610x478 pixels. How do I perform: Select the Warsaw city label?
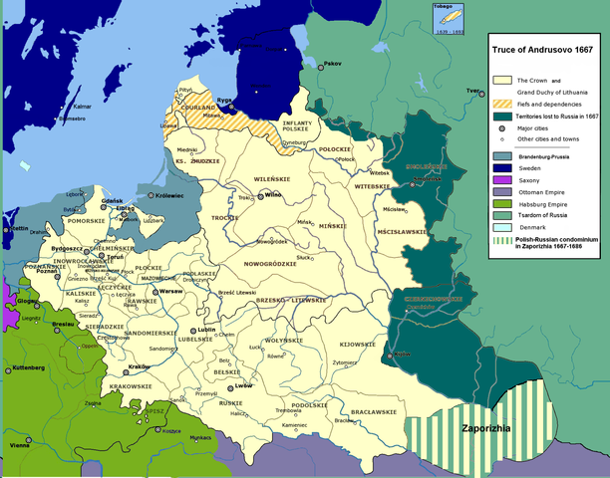170,291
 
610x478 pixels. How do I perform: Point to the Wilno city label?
274,195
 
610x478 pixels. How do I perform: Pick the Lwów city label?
242,384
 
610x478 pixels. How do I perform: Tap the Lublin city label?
206,329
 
